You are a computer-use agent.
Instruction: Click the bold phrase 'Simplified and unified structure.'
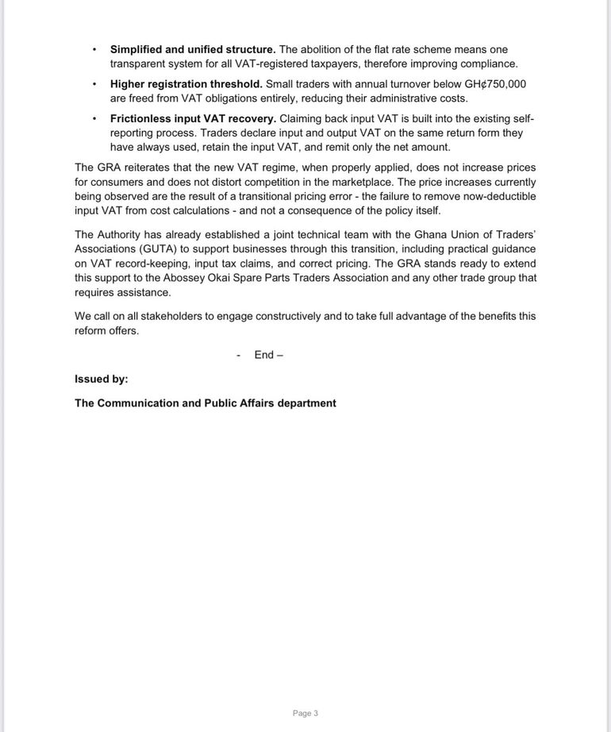pos(193,49)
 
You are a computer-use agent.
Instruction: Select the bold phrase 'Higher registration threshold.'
pos(186,84)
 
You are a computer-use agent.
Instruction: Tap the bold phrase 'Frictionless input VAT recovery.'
pos(193,119)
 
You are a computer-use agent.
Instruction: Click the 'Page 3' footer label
pos(305,713)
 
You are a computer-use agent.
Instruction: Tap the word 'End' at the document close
pos(263,355)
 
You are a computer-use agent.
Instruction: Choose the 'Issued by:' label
pos(102,379)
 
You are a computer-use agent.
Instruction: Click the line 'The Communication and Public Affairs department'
pos(206,403)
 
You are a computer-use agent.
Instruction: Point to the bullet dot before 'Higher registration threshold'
pos(95,84)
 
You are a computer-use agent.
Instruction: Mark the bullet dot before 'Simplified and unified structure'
pos(95,49)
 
